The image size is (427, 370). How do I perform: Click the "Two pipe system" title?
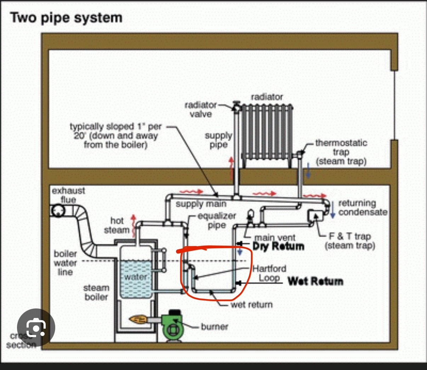[x=66, y=18]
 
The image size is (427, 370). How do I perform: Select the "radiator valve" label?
[x=200, y=110]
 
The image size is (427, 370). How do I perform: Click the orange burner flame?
[x=138, y=320]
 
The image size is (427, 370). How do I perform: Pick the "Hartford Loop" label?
[x=269, y=273]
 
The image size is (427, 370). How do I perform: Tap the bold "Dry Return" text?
[x=278, y=246]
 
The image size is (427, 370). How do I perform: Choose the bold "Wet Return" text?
[x=315, y=281]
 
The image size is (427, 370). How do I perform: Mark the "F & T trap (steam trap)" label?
[x=350, y=241]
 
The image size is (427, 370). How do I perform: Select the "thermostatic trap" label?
[x=341, y=152]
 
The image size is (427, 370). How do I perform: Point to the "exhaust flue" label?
[x=68, y=195]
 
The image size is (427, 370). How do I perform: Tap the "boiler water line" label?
[x=65, y=263]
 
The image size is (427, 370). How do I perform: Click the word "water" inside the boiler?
[x=136, y=277]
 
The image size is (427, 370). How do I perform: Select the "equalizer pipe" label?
[x=216, y=220]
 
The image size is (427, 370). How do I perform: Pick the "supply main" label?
[x=201, y=204]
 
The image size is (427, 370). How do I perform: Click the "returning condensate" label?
[x=362, y=208]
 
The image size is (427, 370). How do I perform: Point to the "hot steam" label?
[x=116, y=225]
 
